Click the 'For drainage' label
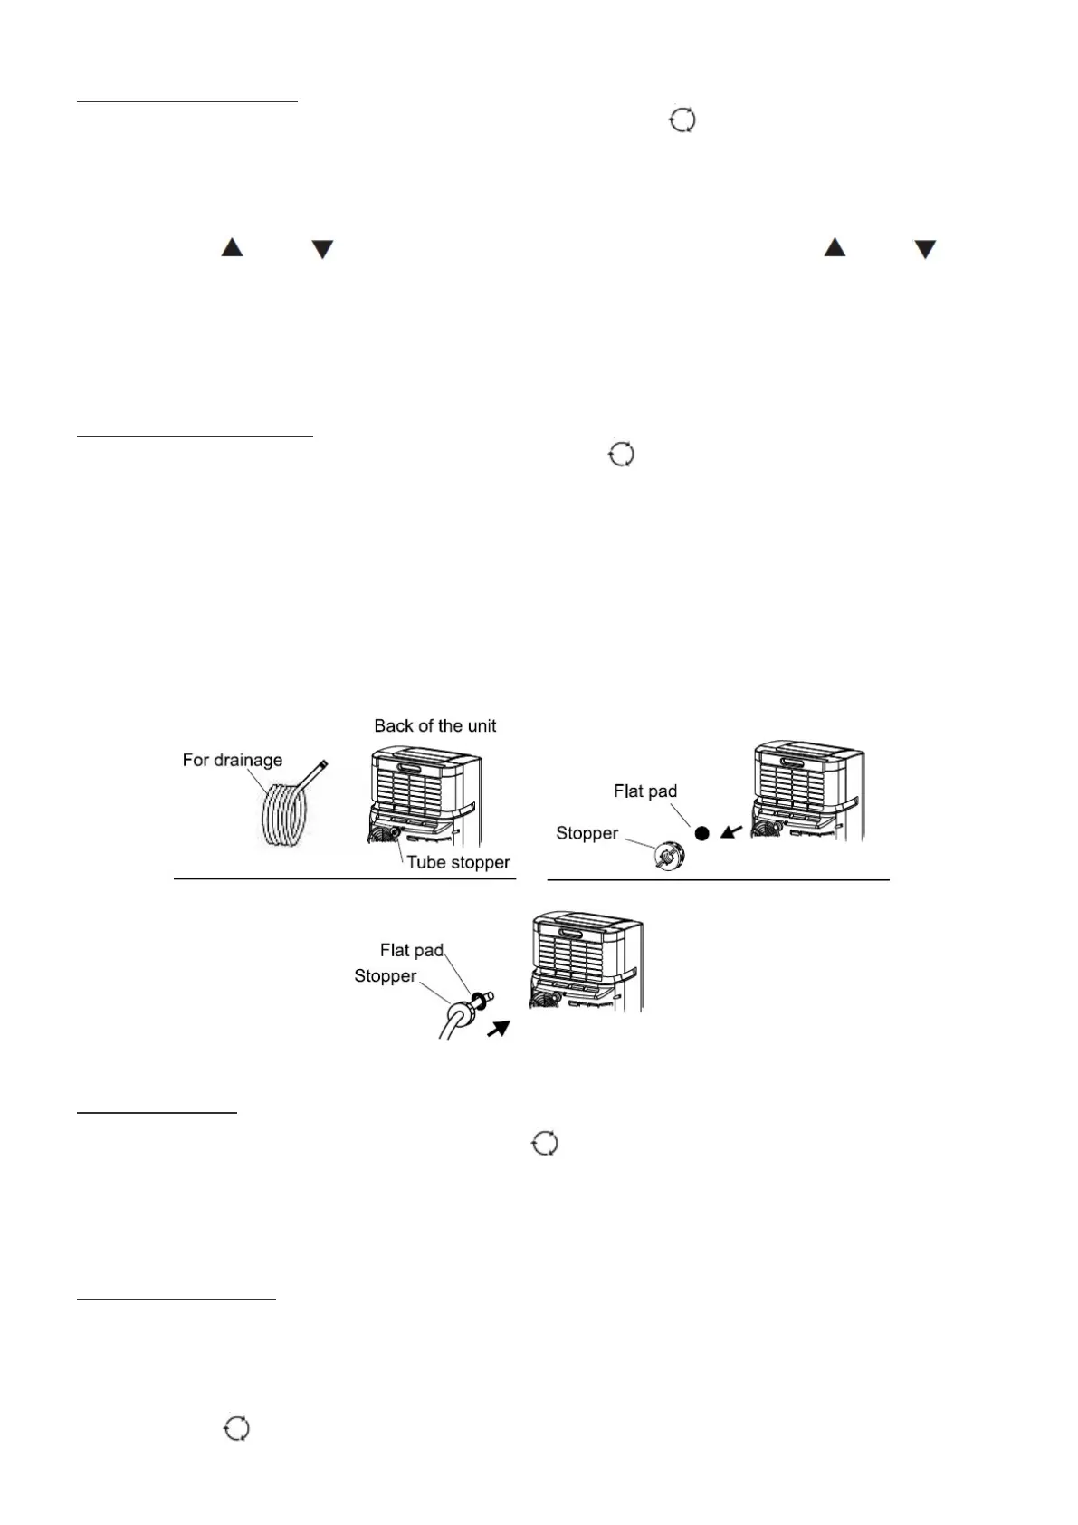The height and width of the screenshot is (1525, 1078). [232, 760]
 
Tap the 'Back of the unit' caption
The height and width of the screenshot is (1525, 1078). [434, 725]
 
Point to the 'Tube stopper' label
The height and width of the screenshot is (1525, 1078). [458, 862]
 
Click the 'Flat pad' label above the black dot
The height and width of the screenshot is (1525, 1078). [644, 791]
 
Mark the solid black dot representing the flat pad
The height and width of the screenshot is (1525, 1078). [701, 832]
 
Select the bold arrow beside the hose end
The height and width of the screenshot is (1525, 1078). [499, 1029]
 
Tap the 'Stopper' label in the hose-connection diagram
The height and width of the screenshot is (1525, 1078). [385, 975]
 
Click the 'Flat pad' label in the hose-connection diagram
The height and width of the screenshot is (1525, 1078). [411, 950]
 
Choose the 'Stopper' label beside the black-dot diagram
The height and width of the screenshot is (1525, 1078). [587, 833]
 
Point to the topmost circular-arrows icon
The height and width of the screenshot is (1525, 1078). [682, 120]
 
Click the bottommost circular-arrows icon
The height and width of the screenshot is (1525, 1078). [236, 1429]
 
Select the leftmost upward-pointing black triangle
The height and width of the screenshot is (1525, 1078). [233, 247]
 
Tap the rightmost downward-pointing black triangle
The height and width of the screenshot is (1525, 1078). [924, 249]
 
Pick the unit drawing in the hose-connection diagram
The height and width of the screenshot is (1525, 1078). [586, 962]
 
